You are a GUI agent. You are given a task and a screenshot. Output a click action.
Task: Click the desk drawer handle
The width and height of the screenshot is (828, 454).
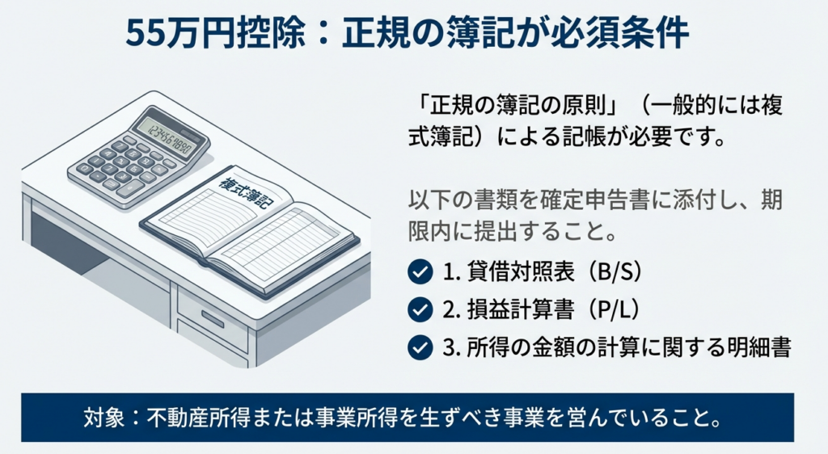coord(213,318)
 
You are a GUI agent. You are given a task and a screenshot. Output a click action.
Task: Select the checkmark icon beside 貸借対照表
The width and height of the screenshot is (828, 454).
coord(420,272)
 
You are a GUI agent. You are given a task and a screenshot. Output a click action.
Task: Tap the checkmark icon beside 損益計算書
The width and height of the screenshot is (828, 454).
coord(420,310)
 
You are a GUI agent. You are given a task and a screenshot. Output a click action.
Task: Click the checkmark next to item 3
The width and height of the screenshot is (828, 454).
coord(420,348)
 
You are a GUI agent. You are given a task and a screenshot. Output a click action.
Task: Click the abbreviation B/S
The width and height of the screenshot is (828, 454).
coord(615,272)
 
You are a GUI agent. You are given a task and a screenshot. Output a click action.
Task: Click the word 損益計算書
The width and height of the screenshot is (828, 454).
coord(521,310)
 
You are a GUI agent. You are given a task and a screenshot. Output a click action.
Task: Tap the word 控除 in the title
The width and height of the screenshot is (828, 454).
coord(270,34)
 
